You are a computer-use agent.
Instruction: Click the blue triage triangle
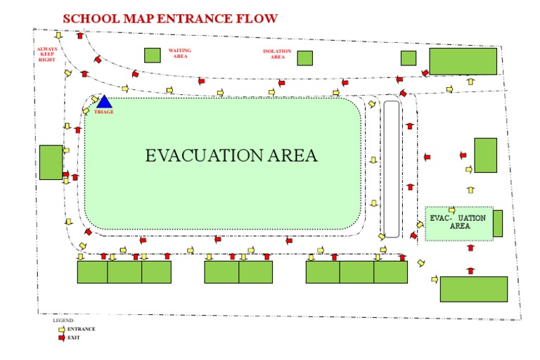(104, 103)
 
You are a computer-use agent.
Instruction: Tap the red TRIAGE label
(104, 112)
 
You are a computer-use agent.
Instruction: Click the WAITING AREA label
(180, 53)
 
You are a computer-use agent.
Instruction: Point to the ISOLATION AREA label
(277, 54)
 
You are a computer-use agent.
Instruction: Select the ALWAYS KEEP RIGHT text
(48, 55)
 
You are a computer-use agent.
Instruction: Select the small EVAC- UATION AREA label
(458, 222)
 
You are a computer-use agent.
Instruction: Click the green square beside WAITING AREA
(152, 55)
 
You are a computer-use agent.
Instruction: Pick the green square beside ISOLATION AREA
(304, 58)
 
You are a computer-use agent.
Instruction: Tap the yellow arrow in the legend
(61, 328)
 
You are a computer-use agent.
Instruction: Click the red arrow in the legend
(61, 337)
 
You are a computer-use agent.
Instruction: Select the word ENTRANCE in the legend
(81, 328)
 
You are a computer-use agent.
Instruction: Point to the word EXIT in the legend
(74, 337)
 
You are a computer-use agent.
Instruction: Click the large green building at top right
(463, 61)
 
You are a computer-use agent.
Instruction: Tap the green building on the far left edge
(51, 162)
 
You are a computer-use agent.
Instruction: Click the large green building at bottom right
(473, 289)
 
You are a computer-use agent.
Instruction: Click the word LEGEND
(63, 321)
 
